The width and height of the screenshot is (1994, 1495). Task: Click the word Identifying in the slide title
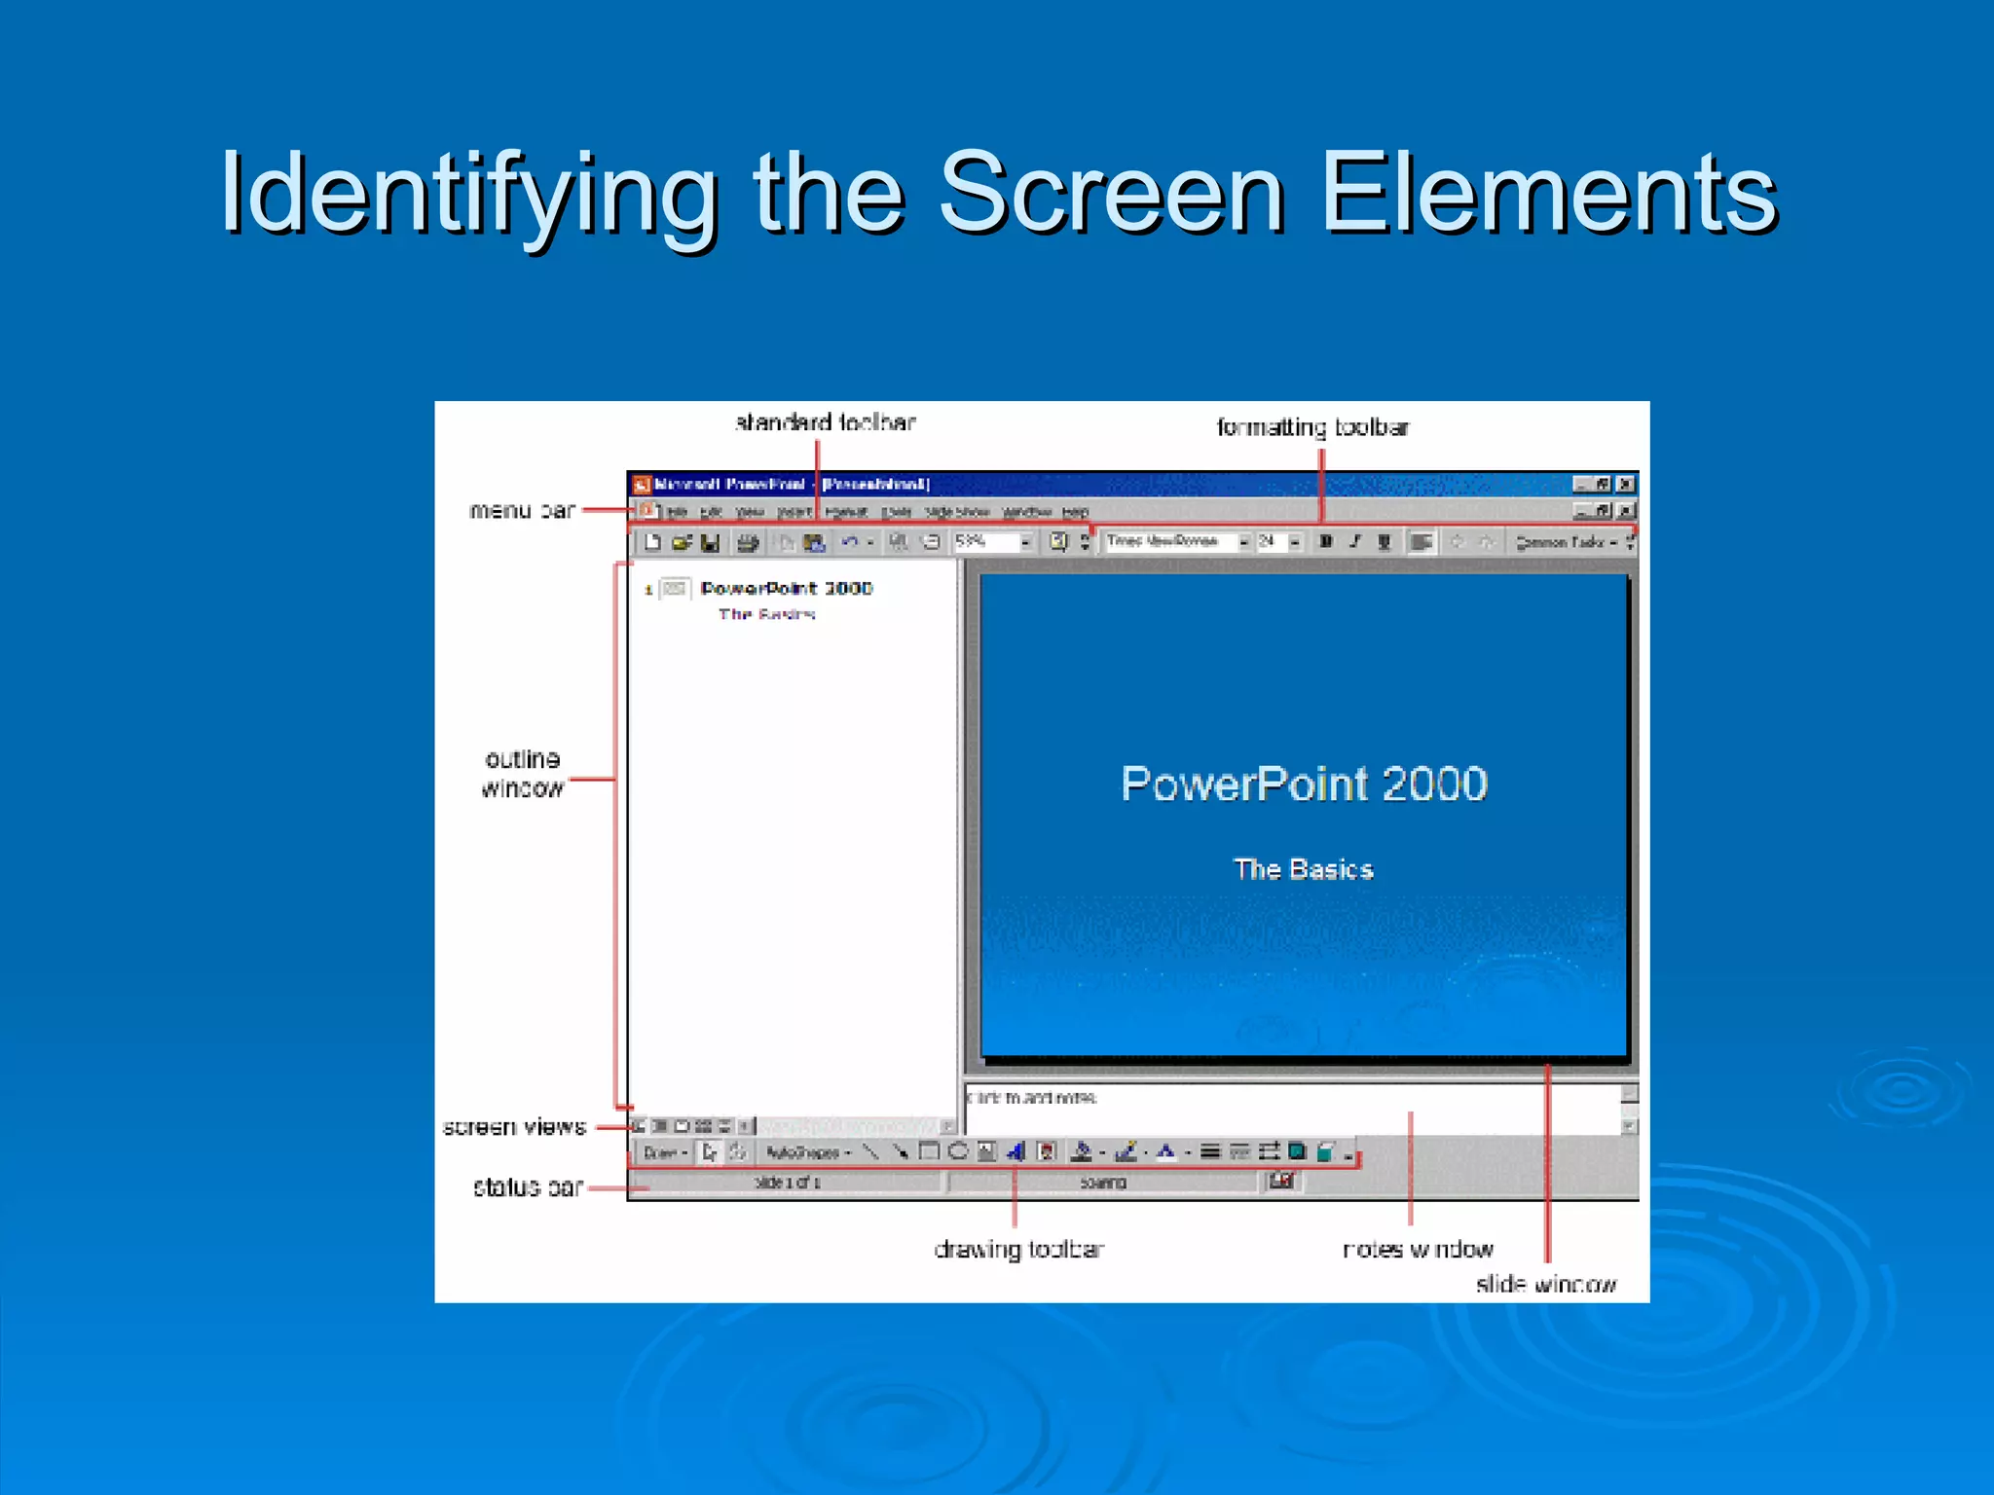pyautogui.click(x=468, y=194)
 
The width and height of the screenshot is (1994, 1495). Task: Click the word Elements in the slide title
pyautogui.click(x=1548, y=194)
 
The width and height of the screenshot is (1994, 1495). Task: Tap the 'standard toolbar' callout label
pyautogui.click(x=825, y=422)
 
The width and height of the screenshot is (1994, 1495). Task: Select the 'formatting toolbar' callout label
pyautogui.click(x=1312, y=427)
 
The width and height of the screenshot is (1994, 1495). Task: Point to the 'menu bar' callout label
pyautogui.click(x=522, y=510)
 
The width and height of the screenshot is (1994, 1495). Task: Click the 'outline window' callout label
pyautogui.click(x=523, y=774)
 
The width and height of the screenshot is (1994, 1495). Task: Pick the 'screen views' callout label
pyautogui.click(x=514, y=1127)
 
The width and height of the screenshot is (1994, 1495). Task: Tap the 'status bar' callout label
pyautogui.click(x=528, y=1187)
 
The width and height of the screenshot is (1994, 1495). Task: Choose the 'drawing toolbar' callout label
pyautogui.click(x=1018, y=1250)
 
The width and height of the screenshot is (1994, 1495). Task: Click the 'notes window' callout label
pyautogui.click(x=1418, y=1250)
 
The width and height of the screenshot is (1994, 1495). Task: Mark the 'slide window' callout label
pyautogui.click(x=1545, y=1285)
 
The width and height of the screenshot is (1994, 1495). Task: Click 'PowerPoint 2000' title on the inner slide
pyautogui.click(x=1304, y=784)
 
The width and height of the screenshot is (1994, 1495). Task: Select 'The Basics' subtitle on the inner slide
pyautogui.click(x=1303, y=869)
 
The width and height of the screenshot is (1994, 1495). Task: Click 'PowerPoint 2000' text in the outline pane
pyautogui.click(x=787, y=589)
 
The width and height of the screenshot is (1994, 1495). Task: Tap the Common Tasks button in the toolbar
pyautogui.click(x=1564, y=542)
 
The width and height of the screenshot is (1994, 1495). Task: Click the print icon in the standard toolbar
pyautogui.click(x=748, y=542)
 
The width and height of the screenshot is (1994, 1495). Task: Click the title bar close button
pyautogui.click(x=1626, y=484)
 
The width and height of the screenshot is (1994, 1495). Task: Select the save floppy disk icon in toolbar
pyautogui.click(x=711, y=542)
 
